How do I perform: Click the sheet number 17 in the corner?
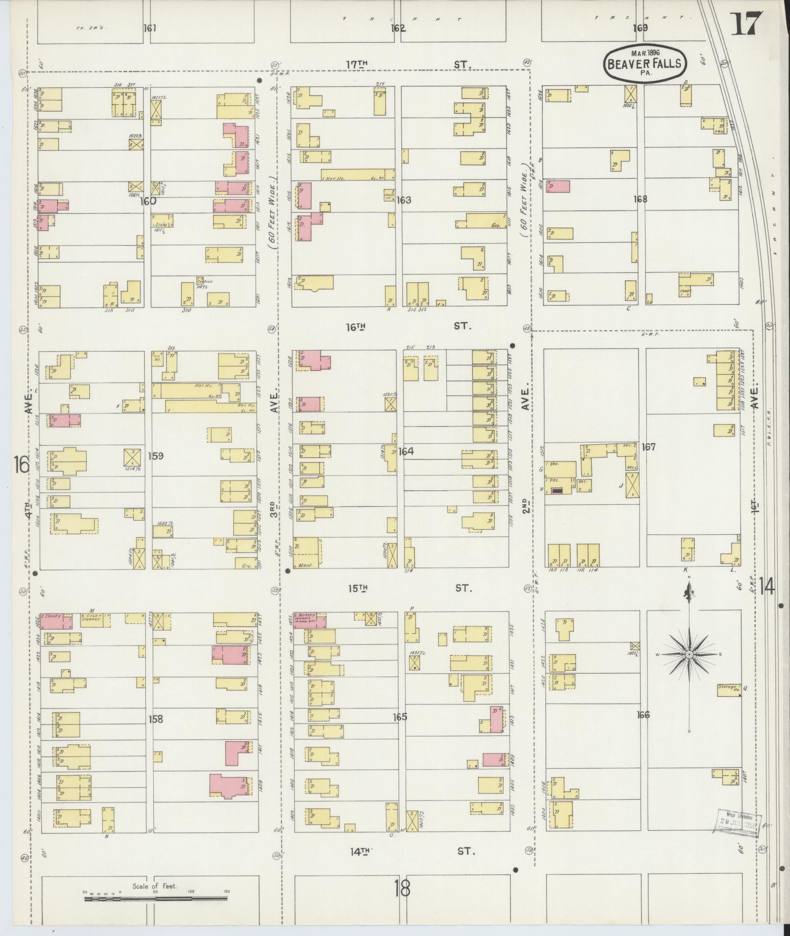[746, 23]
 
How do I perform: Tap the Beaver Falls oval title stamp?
[644, 63]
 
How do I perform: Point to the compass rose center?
[689, 654]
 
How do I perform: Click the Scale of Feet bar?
[155, 555]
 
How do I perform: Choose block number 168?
[640, 199]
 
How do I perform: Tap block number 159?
[155, 456]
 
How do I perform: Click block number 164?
[406, 451]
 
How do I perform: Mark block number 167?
[648, 447]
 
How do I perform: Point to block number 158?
[156, 719]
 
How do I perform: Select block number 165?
[400, 717]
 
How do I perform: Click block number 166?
[643, 715]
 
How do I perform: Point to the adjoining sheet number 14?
[767, 586]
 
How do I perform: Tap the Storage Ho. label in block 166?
[728, 687]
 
